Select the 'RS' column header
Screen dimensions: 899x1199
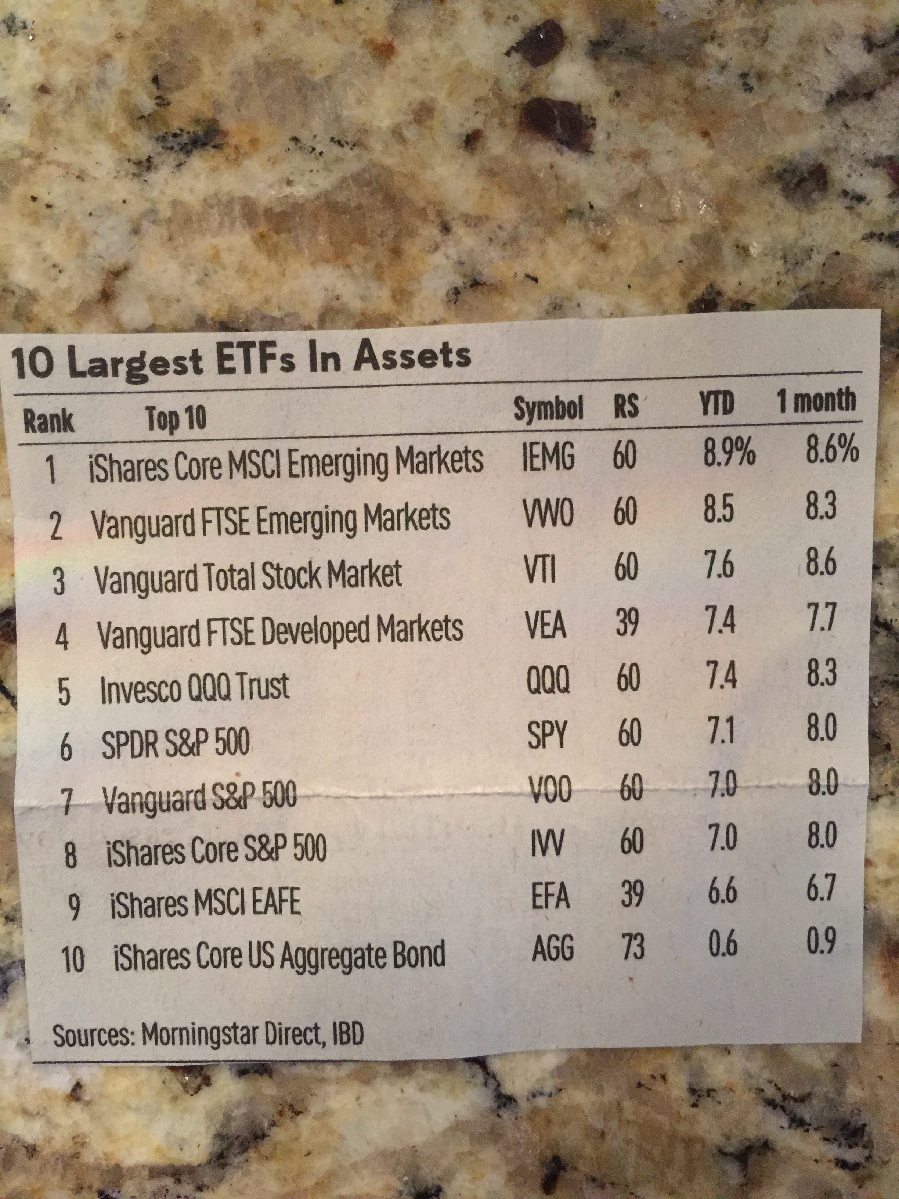[x=626, y=406]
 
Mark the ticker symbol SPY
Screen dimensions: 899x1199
[x=547, y=735]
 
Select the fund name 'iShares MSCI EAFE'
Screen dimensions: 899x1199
[x=205, y=904]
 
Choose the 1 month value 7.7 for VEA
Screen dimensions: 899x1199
[x=821, y=617]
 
